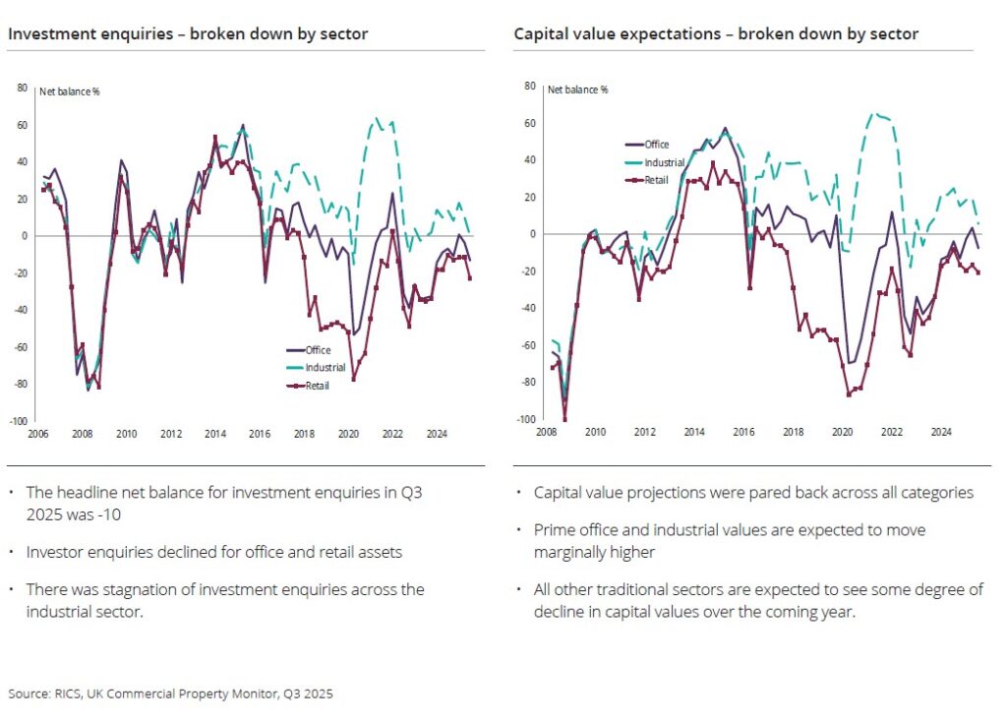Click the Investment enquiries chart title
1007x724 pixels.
coord(188,34)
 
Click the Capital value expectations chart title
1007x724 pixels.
coord(716,34)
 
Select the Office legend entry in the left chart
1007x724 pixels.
coord(317,349)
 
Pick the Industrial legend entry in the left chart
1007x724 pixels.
coord(325,367)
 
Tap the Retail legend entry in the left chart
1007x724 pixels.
coord(317,386)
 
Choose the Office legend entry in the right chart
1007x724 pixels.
coord(655,145)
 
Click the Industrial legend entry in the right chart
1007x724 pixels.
coord(663,162)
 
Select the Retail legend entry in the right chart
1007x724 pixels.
coord(655,180)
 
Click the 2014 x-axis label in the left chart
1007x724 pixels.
coord(215,433)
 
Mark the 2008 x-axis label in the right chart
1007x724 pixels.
coord(548,432)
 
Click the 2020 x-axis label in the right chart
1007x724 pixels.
coord(842,432)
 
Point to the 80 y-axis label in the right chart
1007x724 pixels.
coord(528,87)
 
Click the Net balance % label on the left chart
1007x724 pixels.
coord(70,91)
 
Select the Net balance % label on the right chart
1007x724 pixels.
coord(579,90)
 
